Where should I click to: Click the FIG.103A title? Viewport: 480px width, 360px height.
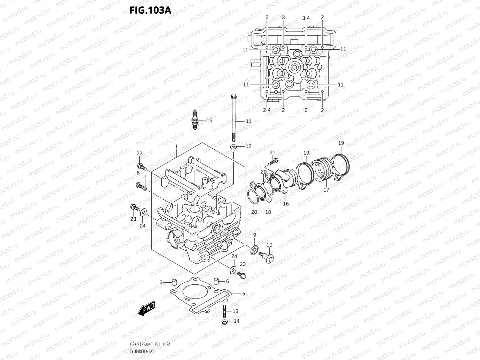tap(150, 10)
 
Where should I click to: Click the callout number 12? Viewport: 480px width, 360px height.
tap(248, 146)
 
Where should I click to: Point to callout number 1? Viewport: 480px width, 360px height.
tap(176, 147)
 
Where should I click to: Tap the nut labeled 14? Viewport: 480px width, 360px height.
tap(225, 322)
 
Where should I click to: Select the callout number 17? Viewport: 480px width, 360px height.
tap(326, 190)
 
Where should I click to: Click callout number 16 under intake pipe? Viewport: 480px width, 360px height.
tap(286, 204)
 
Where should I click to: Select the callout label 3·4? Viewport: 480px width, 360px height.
tap(306, 18)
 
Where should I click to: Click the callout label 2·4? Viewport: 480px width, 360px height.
tap(267, 110)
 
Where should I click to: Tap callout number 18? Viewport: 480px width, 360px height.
tap(268, 212)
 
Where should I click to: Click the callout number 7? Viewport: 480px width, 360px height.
tap(145, 176)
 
